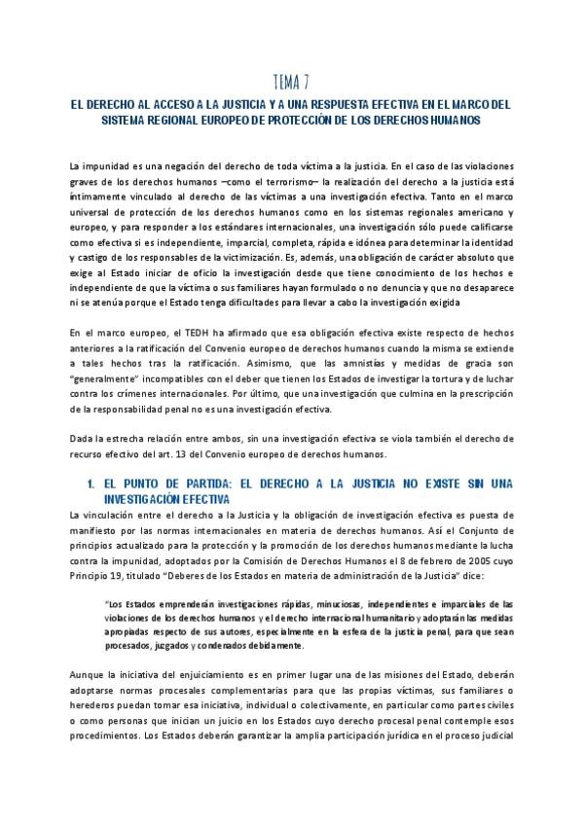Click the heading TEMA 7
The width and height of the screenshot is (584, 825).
[x=292, y=83]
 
